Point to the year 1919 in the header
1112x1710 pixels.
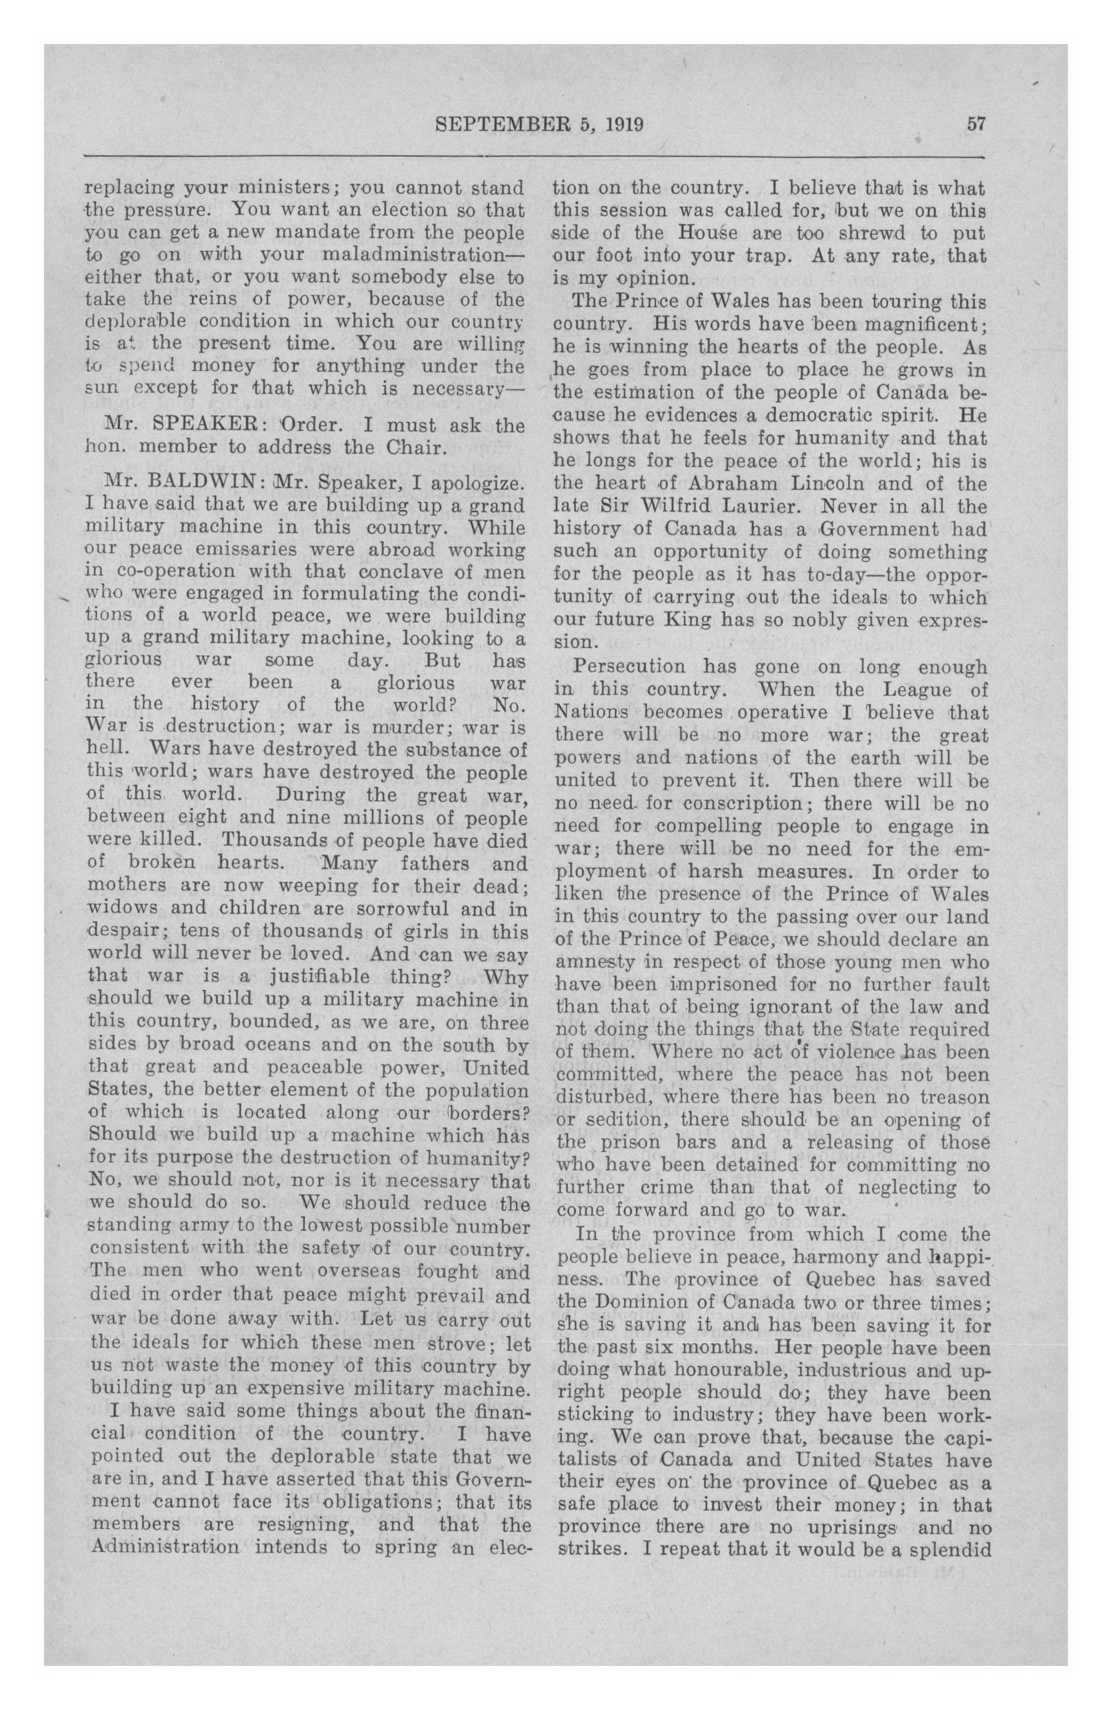622,125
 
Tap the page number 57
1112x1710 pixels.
976,124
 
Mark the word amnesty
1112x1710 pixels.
595,962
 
